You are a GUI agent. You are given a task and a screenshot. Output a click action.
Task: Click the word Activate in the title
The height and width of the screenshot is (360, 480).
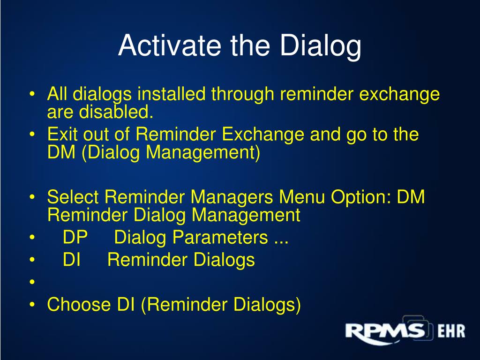[x=170, y=45]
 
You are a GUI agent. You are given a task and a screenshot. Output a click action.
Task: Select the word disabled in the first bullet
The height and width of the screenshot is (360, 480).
[x=116, y=112]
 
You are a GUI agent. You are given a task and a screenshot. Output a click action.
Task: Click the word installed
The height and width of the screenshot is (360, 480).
[x=171, y=93]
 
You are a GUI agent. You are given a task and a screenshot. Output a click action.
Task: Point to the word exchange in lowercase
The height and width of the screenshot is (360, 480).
[x=399, y=94]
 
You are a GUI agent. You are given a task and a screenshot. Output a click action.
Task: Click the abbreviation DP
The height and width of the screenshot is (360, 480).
[x=75, y=237]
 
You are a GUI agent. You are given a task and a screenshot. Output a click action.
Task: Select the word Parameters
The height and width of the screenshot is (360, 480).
[x=220, y=237]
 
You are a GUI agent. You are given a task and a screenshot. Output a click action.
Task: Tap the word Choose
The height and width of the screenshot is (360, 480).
[x=79, y=304]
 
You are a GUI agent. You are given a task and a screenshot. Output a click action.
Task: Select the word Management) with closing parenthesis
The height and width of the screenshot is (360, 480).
[x=203, y=152]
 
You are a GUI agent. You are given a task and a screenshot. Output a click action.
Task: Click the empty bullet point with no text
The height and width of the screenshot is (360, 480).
[x=32, y=282]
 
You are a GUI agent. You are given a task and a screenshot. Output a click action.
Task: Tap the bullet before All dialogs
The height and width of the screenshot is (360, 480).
[x=32, y=94]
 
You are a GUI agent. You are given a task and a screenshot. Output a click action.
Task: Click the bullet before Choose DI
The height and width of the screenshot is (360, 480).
[x=32, y=305]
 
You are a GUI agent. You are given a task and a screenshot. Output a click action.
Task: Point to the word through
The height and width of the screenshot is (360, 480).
[x=242, y=94]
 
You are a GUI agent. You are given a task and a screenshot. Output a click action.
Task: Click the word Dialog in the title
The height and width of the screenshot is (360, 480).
[x=321, y=46]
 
